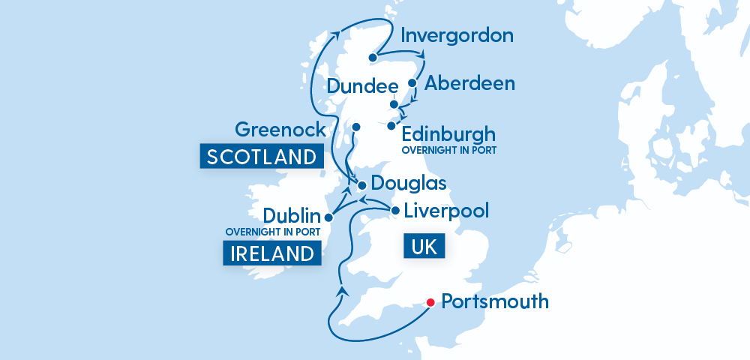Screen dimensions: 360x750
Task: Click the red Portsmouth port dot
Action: (430, 303)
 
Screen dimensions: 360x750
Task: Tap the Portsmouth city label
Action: (495, 302)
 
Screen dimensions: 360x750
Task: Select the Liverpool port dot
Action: (395, 211)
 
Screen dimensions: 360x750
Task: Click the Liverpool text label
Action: (445, 210)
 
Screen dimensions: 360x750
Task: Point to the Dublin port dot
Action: (328, 217)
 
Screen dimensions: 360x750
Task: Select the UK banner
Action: (424, 247)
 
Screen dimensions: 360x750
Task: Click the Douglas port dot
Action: (361, 184)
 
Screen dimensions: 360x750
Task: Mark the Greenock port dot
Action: (356, 127)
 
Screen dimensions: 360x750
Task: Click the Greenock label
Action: (280, 129)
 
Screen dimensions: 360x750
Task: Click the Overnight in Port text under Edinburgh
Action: (449, 150)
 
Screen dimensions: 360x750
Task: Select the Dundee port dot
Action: (394, 104)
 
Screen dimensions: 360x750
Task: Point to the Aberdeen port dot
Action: (412, 82)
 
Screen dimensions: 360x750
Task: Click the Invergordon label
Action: (457, 36)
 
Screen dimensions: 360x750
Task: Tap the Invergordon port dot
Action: (373, 57)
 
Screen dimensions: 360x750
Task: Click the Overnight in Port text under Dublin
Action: (273, 232)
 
